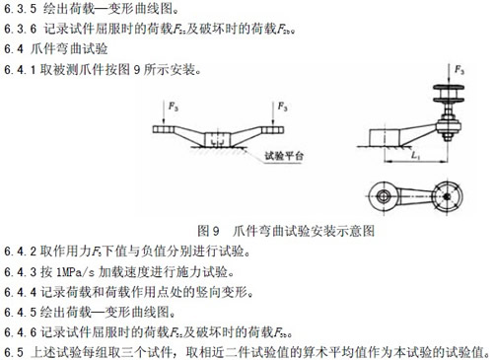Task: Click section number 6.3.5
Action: (20, 9)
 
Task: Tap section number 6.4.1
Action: (20, 70)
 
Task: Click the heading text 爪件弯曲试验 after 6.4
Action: (69, 49)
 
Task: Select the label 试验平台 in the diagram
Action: (284, 156)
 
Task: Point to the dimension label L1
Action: (416, 155)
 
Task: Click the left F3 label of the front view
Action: (174, 107)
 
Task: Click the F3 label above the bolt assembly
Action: (459, 70)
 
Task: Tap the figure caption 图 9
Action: (208, 231)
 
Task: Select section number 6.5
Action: (14, 352)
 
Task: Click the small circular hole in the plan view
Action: (383, 196)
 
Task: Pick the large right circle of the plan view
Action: (447, 196)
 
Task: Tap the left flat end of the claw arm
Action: (164, 129)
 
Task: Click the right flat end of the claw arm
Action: (272, 129)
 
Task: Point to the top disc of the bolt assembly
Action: (449, 88)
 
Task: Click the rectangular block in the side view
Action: (385, 137)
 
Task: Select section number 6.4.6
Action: (20, 332)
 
